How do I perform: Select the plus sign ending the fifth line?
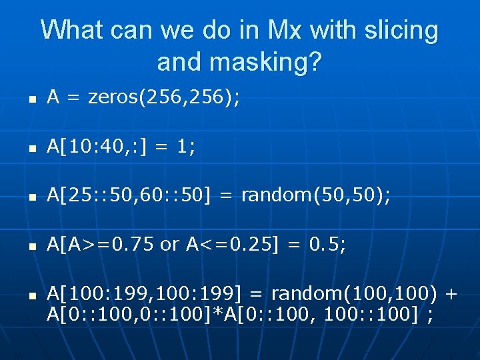[450, 293]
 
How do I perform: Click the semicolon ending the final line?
[429, 315]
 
